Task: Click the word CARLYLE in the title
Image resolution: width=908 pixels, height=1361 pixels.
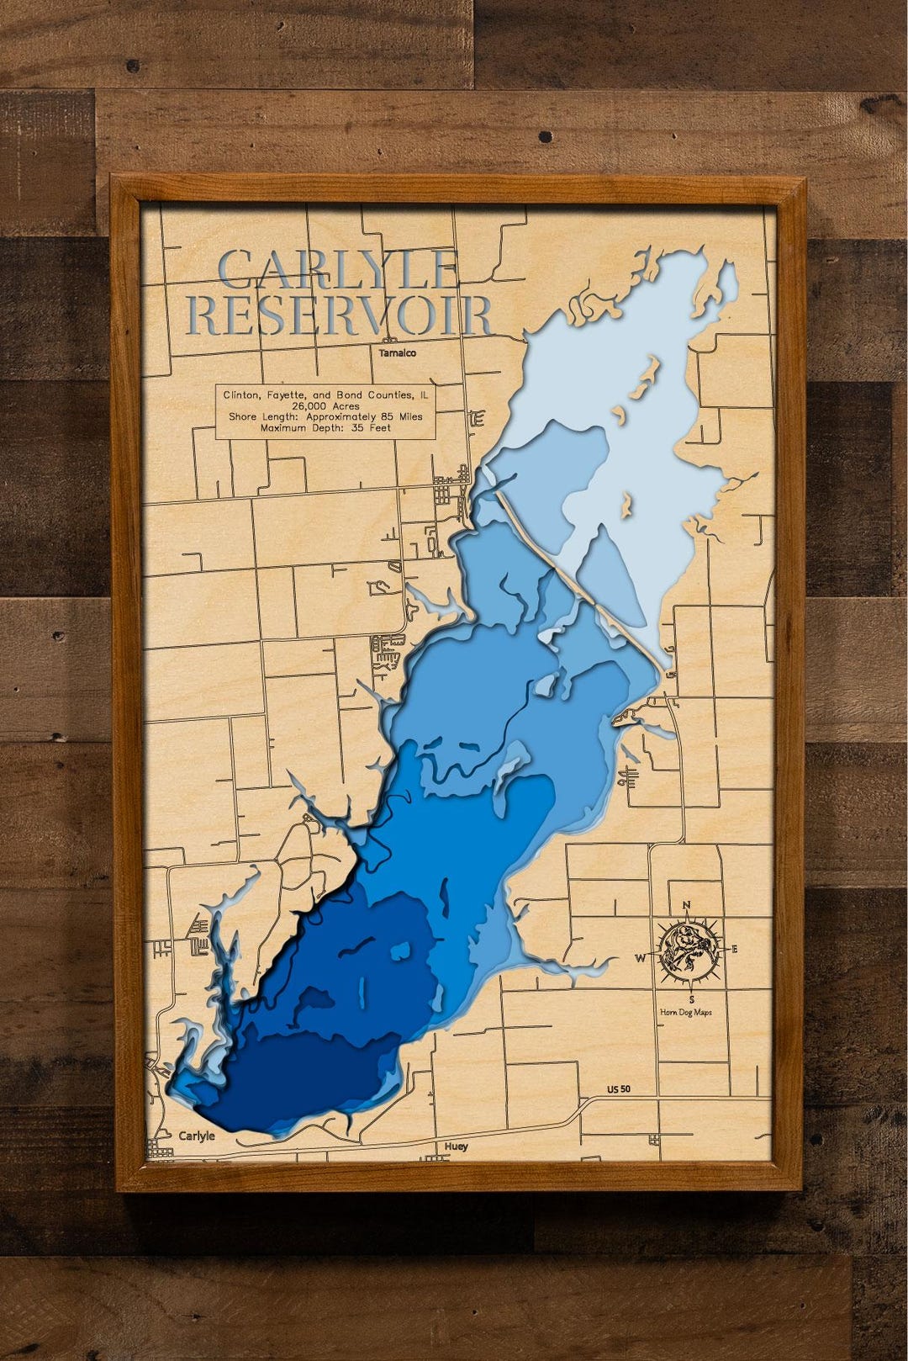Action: click(337, 269)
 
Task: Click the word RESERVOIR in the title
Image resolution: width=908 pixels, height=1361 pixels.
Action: click(339, 315)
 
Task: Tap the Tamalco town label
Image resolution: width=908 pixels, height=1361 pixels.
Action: click(397, 353)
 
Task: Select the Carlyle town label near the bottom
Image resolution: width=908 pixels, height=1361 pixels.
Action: click(197, 1136)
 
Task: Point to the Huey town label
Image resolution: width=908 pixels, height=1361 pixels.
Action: click(457, 1147)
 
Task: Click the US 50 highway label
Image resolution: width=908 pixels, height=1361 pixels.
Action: click(619, 1089)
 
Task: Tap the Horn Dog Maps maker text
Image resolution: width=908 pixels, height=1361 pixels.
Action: click(686, 1012)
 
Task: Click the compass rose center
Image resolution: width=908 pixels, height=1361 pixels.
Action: click(688, 951)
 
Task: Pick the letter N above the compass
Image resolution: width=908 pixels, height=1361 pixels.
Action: click(686, 906)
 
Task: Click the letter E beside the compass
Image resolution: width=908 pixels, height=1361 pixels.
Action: click(734, 950)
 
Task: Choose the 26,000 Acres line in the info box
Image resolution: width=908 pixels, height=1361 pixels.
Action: click(325, 405)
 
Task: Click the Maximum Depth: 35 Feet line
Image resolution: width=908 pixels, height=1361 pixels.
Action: click(325, 427)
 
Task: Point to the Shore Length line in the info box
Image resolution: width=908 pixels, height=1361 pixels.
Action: click(325, 416)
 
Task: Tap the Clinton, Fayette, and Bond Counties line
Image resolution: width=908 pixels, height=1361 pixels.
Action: click(325, 395)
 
